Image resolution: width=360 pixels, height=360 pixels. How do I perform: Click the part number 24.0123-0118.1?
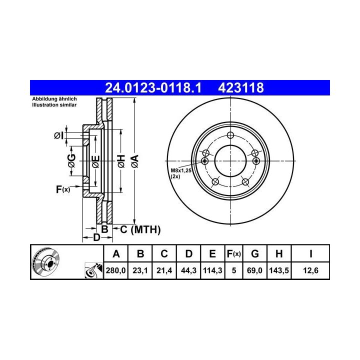click(x=153, y=88)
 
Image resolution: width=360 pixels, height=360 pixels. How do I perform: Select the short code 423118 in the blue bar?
click(x=241, y=88)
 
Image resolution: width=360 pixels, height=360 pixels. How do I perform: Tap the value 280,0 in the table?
click(x=115, y=270)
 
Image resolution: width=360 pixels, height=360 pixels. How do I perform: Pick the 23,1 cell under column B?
click(x=140, y=270)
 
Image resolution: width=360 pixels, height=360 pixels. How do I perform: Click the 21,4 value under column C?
click(x=164, y=270)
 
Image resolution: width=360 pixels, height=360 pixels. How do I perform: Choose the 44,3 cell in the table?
click(x=188, y=270)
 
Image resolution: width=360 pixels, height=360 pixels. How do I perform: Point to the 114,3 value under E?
click(x=212, y=270)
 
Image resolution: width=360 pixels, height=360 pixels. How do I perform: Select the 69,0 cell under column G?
click(x=254, y=270)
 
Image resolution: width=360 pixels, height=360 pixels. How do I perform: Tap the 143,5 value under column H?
click(x=279, y=270)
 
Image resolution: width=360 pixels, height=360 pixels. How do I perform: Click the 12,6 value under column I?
click(x=310, y=270)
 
